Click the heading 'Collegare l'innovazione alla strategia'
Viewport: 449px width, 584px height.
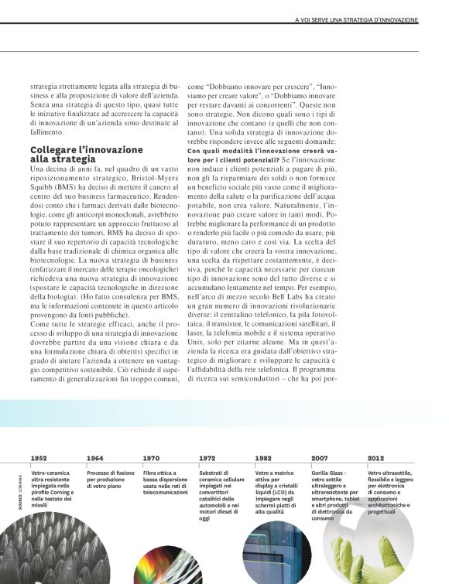(86, 154)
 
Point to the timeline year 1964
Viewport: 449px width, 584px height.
(94, 459)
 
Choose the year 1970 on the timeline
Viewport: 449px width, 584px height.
(151, 459)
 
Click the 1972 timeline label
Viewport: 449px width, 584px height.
(207, 459)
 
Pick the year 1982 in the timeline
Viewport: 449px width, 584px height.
(262, 459)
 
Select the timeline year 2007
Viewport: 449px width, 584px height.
(319, 459)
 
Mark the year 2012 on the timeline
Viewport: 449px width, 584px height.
(375, 459)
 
